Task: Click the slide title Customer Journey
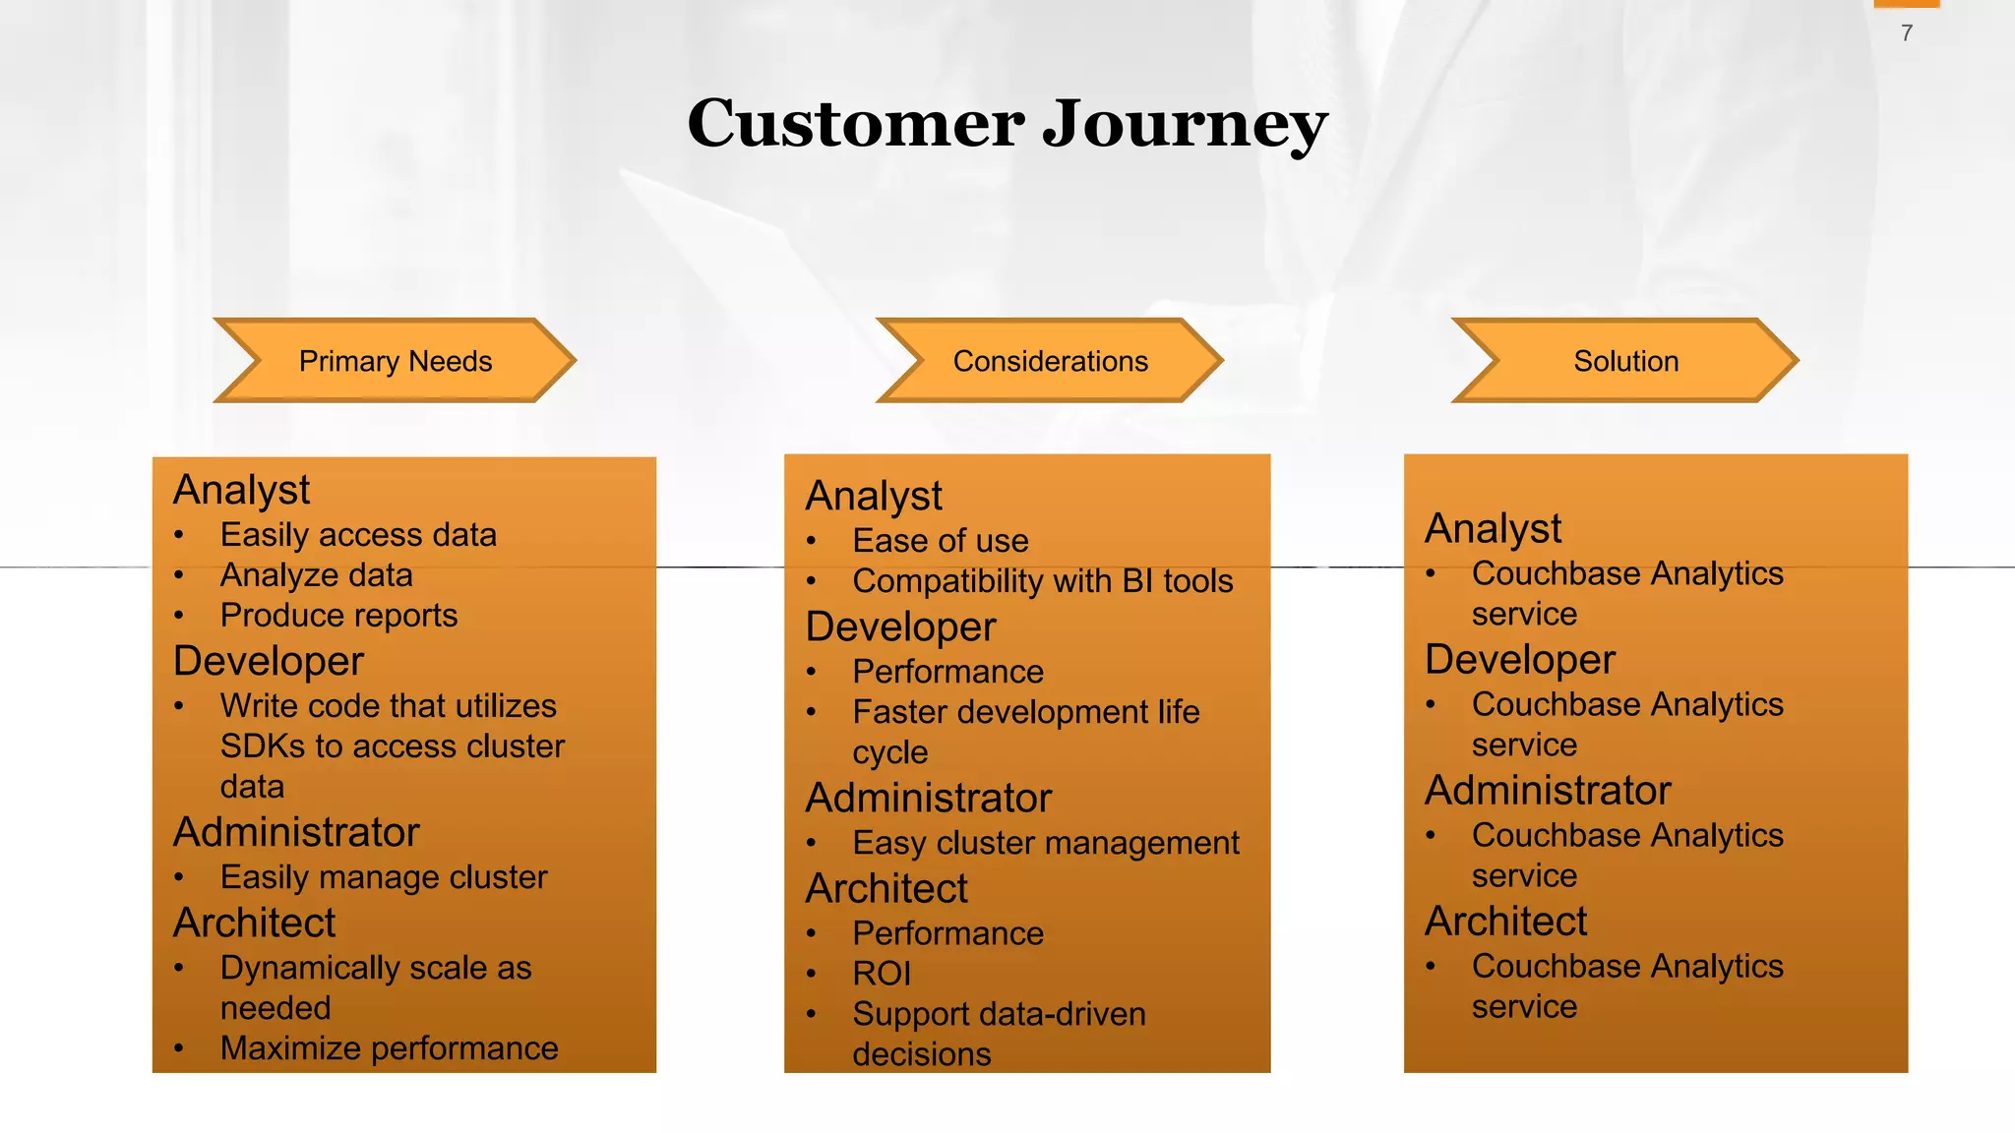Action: [1007, 124]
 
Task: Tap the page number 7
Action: [1907, 33]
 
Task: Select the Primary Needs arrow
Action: [395, 361]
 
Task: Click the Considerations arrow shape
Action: [1050, 361]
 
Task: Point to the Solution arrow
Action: [1625, 361]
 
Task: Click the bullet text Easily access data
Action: [358, 535]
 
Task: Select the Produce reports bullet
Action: [338, 616]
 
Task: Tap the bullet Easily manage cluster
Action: [384, 877]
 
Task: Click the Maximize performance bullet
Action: [389, 1048]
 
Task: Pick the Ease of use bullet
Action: [940, 541]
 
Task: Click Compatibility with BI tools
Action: [1042, 581]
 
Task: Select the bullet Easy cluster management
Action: [1045, 843]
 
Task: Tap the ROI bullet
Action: [882, 974]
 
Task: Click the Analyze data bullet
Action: [316, 575]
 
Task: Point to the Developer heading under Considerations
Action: [900, 627]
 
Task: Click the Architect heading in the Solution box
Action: [1505, 922]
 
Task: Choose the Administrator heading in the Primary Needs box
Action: [296, 833]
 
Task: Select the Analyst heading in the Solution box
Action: [1493, 529]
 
